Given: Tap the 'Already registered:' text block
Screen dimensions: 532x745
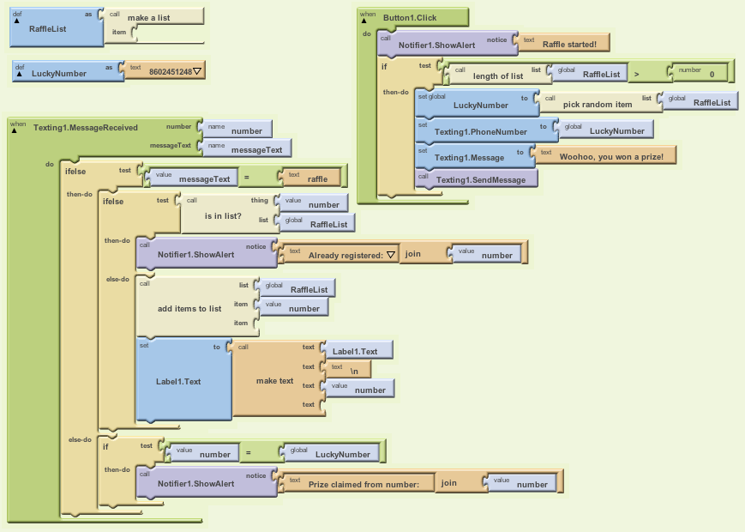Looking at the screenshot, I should point(340,255).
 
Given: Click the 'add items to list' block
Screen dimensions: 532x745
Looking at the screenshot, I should point(189,308).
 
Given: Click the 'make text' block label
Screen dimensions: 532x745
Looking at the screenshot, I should point(274,380).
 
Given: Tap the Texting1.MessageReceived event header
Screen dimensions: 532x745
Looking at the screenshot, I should point(85,128).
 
